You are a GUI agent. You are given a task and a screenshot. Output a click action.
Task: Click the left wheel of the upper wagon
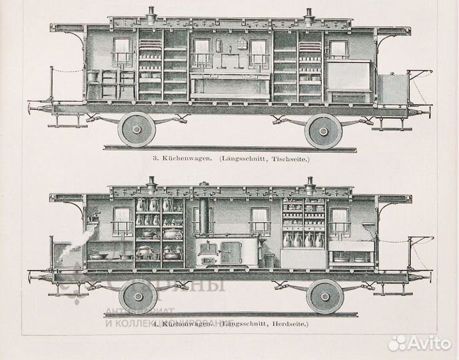(x=137, y=129)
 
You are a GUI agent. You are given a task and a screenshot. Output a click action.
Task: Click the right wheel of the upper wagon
(x=323, y=130)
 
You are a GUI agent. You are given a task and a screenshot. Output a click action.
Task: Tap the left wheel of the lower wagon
(x=138, y=295)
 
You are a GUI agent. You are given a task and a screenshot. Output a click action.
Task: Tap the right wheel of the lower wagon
(x=324, y=295)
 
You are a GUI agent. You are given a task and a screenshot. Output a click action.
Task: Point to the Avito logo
(x=423, y=342)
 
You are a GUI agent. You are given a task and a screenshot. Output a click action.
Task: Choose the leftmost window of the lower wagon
(x=121, y=221)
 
